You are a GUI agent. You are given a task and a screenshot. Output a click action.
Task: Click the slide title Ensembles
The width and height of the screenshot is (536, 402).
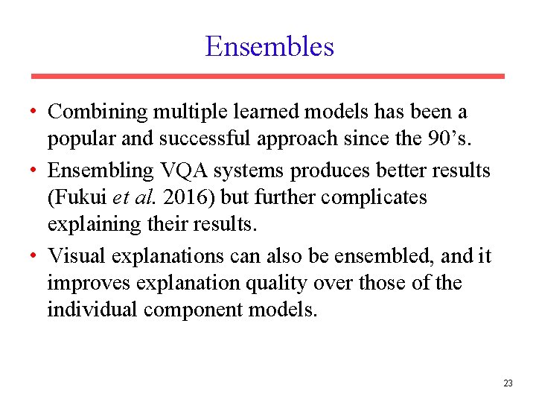[269, 46]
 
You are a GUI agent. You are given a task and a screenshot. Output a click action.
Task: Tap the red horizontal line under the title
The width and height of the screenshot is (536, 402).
[268, 76]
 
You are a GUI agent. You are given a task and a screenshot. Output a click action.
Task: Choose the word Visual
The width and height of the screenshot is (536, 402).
[77, 256]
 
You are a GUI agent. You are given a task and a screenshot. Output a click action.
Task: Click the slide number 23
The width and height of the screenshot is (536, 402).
[508, 383]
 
